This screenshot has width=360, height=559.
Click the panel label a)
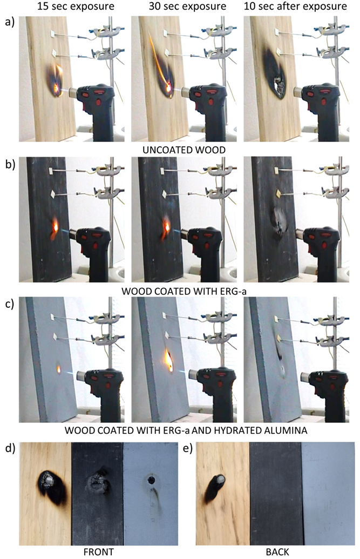(x=9, y=22)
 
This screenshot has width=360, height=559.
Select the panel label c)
(x=9, y=304)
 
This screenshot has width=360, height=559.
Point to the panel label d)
(x=9, y=448)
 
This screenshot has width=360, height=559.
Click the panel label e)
(x=187, y=448)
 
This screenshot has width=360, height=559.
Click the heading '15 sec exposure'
(x=76, y=6)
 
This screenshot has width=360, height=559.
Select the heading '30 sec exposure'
(x=187, y=6)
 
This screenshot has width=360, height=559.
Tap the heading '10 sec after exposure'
(x=295, y=6)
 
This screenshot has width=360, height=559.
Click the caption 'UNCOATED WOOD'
(x=184, y=150)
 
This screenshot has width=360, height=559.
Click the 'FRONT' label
(x=99, y=552)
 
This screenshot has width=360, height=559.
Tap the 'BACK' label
(x=277, y=552)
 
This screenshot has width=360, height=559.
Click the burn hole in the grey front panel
(x=151, y=480)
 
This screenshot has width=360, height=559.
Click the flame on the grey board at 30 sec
(x=169, y=360)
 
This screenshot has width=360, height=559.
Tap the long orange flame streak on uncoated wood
(x=159, y=60)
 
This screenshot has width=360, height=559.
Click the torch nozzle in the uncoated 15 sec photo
(x=72, y=93)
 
